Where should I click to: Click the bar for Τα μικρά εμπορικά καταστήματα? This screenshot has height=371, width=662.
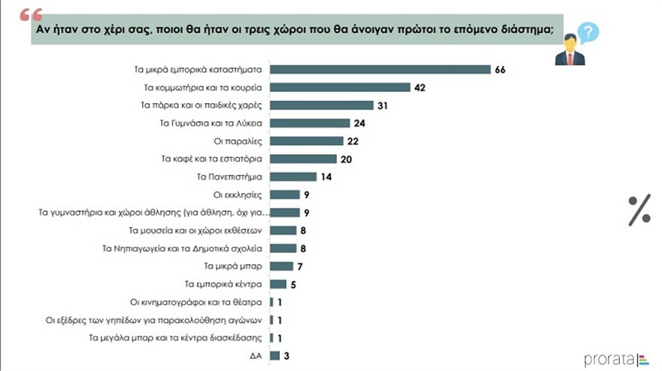tap(380, 69)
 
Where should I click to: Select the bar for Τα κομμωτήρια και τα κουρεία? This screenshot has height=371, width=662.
tap(340, 87)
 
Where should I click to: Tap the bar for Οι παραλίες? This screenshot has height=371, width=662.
tap(306, 141)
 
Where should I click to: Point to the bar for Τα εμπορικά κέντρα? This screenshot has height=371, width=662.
tap(278, 284)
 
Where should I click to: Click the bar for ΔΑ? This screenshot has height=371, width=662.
tap(275, 355)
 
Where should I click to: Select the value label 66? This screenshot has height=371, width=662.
tap(500, 69)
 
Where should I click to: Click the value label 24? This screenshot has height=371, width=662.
tap(359, 123)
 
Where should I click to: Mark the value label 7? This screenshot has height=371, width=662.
tap(299, 266)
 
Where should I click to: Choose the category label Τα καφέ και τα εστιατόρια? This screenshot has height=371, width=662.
tap(211, 159)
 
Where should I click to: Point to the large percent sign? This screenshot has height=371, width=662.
tap(639, 211)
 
